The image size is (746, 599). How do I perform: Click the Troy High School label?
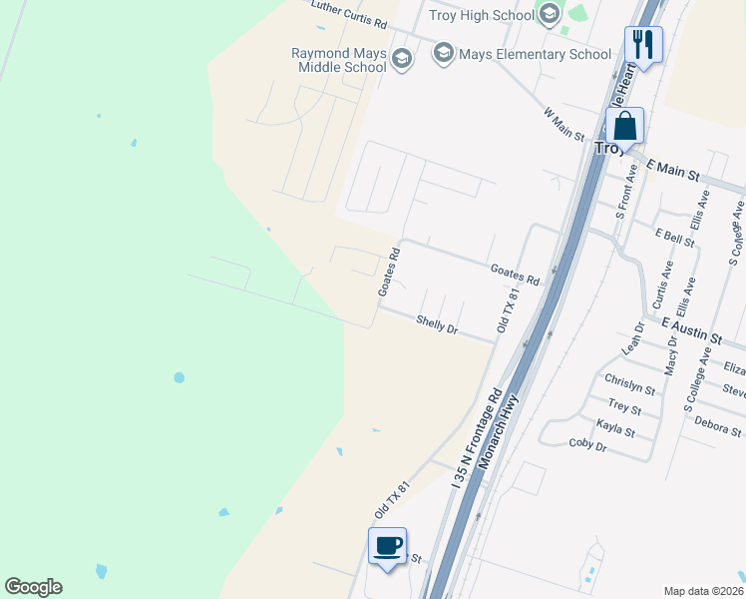pyautogui.click(x=482, y=14)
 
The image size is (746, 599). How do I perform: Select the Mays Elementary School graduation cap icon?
pyautogui.click(x=444, y=53)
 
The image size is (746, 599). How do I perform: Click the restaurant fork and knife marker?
pyautogui.click(x=643, y=44)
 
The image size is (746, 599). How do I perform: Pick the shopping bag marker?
pyautogui.click(x=625, y=127)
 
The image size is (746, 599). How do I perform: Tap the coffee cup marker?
pyautogui.click(x=387, y=546)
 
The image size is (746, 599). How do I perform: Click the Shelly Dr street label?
pyautogui.click(x=437, y=325)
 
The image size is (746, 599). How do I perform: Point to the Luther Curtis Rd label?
pyautogui.click(x=348, y=9)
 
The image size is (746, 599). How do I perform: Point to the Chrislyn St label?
pyautogui.click(x=629, y=383)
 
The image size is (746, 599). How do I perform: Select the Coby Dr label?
pyautogui.click(x=587, y=444)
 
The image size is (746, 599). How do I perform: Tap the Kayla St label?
pyautogui.click(x=615, y=428)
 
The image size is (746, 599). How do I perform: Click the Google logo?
pyautogui.click(x=33, y=587)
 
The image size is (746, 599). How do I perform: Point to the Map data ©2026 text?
pyautogui.click(x=702, y=591)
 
